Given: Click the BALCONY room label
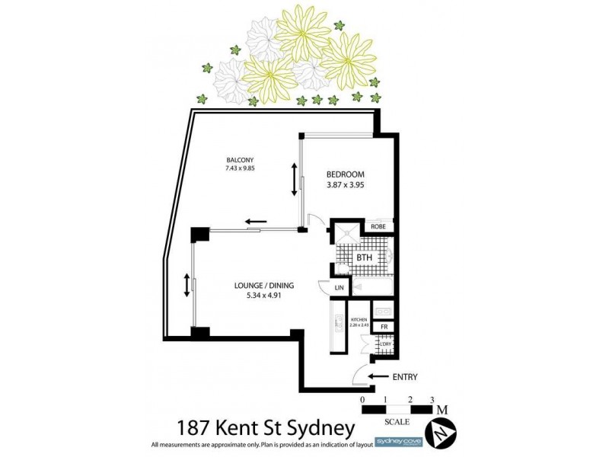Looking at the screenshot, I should (239, 159).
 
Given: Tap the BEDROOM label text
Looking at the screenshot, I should (347, 173).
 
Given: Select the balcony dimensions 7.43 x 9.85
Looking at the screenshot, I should (239, 168).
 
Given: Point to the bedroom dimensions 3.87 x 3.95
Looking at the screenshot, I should (347, 183).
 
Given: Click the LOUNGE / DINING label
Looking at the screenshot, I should (263, 286).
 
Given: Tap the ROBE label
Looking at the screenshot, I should (378, 227).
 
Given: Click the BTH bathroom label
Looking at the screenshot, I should (365, 257).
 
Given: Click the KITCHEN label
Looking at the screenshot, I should (359, 320).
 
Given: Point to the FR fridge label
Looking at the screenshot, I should (384, 327).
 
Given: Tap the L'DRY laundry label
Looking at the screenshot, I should (384, 344).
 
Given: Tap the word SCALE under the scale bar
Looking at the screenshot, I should (397, 421).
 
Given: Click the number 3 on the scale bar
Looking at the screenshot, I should (432, 400).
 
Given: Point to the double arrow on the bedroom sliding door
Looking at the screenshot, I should (294, 178).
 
